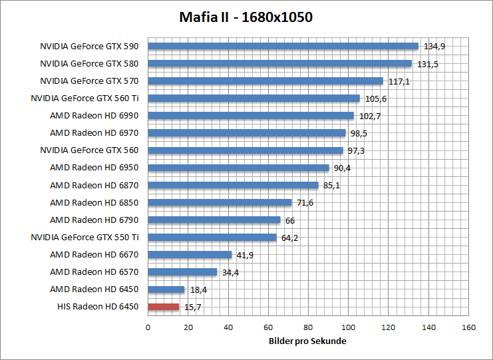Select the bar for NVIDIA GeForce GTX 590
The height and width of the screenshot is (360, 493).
[x=283, y=47]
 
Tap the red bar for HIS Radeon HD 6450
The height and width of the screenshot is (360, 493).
[x=164, y=307]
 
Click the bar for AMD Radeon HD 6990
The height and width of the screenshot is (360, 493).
[x=251, y=116]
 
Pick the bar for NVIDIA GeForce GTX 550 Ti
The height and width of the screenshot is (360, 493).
[x=212, y=237]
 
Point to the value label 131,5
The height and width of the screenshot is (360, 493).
[x=427, y=65]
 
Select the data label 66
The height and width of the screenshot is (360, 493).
[x=290, y=220]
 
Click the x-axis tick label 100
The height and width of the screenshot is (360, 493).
[x=348, y=327]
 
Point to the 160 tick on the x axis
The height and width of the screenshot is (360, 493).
[x=468, y=327]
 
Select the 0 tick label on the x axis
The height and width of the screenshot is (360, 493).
[x=148, y=327]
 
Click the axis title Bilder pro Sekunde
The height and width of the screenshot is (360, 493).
[x=308, y=341]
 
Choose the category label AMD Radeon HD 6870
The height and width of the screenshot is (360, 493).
[x=94, y=185]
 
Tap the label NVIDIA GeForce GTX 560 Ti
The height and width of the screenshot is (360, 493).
[x=84, y=98]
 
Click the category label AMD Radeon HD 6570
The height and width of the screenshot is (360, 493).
[x=94, y=271]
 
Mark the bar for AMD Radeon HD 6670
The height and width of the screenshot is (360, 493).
[x=190, y=254]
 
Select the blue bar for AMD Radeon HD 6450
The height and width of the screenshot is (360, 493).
[x=166, y=289]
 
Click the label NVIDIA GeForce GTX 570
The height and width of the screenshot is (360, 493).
[x=89, y=81]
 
